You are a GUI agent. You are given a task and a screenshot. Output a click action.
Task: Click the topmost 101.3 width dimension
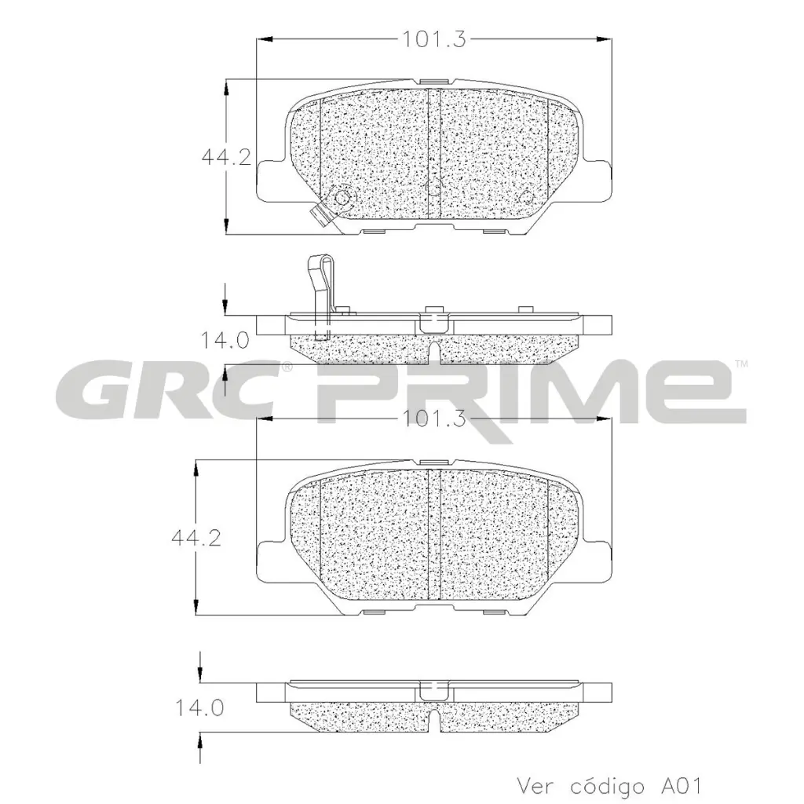tap(434, 38)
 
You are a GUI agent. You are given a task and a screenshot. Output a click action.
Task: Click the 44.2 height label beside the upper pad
tap(225, 157)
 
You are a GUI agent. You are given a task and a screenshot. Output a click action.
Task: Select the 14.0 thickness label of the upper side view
tap(225, 341)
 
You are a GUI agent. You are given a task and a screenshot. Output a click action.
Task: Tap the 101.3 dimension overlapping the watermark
tap(434, 418)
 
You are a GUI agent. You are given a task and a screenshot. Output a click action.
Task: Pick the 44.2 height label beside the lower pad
tap(196, 539)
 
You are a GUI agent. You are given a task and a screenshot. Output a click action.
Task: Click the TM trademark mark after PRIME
tap(740, 364)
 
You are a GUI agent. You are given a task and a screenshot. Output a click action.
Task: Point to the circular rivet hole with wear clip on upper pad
tap(342, 198)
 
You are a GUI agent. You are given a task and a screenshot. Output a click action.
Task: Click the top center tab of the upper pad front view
tap(434, 81)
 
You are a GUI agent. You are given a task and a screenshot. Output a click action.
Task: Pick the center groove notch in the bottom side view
tap(434, 719)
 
